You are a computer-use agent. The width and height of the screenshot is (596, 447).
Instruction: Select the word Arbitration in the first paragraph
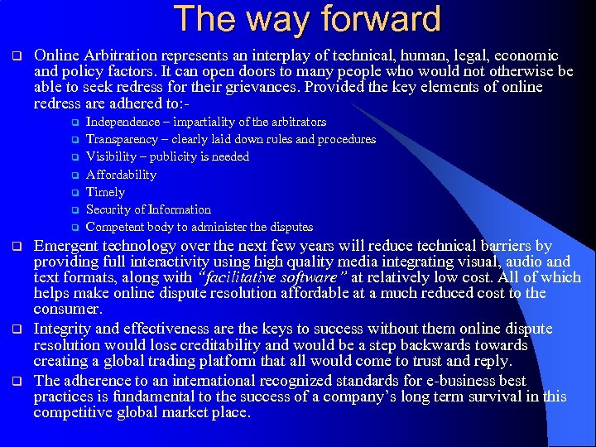point(121,55)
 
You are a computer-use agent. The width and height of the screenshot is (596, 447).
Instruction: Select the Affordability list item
point(121,175)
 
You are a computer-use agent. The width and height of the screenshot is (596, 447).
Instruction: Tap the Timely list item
point(105,192)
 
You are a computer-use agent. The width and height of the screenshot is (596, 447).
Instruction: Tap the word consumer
point(67,310)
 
